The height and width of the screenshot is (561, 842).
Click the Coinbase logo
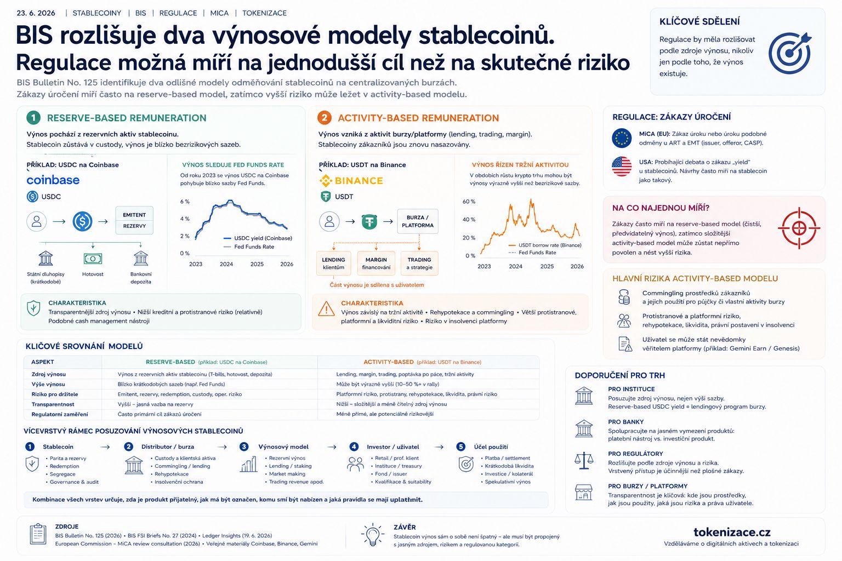pos(53,180)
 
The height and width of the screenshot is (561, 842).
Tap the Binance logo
pos(351,181)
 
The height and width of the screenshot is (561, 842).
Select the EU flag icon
pos(622,138)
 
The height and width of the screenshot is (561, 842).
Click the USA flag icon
pos(622,167)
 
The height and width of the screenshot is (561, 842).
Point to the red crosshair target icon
pos(799,228)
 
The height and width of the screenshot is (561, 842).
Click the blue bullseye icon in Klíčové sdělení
pos(790,53)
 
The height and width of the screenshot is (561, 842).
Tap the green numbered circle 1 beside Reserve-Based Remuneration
pos(33,118)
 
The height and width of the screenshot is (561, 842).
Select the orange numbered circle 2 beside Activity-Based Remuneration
pos(324,118)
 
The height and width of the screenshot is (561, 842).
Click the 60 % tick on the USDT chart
pos(469,202)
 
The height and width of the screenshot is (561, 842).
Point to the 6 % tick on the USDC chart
pos(185,202)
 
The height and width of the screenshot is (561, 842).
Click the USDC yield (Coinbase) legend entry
pos(258,238)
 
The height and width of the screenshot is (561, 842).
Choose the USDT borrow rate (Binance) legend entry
pos(545,245)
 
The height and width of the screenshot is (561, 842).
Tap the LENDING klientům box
pos(333,264)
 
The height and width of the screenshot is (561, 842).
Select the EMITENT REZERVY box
pos(134,220)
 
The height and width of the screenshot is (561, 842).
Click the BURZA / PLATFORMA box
pos(418,221)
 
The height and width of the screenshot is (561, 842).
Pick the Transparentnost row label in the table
pos(53,404)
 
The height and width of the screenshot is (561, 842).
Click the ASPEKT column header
pos(42,362)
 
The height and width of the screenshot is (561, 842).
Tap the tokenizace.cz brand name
pos(732,532)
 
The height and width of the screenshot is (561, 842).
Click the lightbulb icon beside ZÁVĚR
pos(373,534)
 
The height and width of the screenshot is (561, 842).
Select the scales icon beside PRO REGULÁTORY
pos(584,461)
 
